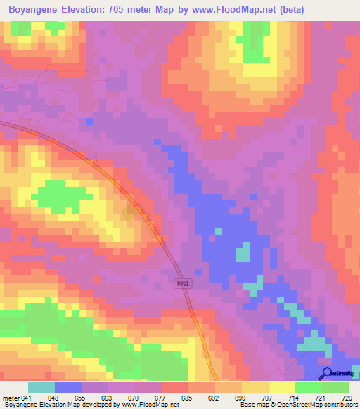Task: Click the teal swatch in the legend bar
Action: pos(41,388)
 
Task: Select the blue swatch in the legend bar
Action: pos(68,388)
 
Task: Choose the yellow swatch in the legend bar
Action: pos(282,388)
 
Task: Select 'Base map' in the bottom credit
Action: pos(252,405)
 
